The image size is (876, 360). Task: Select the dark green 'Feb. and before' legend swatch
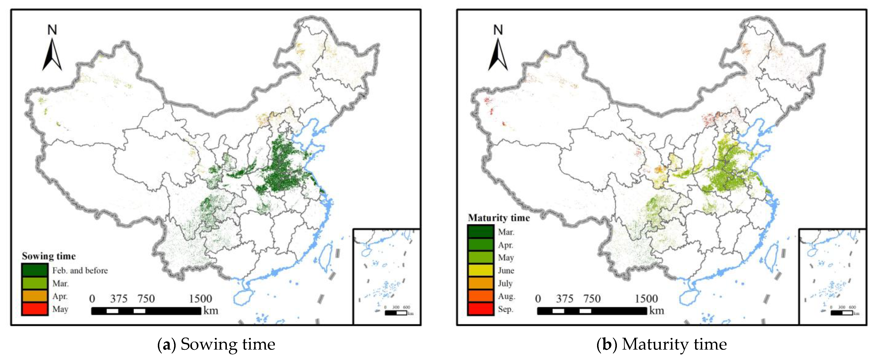(34, 270)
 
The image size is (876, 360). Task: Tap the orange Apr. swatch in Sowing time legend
(34, 296)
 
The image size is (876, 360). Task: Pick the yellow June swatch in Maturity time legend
(480, 270)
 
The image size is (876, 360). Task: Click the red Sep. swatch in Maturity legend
(480, 309)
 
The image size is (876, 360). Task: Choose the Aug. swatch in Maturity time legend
(480, 296)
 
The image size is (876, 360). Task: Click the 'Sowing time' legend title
(49, 256)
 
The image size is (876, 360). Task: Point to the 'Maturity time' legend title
(498, 217)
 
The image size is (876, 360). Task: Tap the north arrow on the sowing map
(52, 54)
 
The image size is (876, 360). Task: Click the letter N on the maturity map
(498, 30)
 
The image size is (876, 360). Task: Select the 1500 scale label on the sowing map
(200, 299)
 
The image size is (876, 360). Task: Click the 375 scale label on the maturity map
(565, 299)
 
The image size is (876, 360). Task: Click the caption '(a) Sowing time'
(216, 344)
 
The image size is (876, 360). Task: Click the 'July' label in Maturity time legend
(505, 283)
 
